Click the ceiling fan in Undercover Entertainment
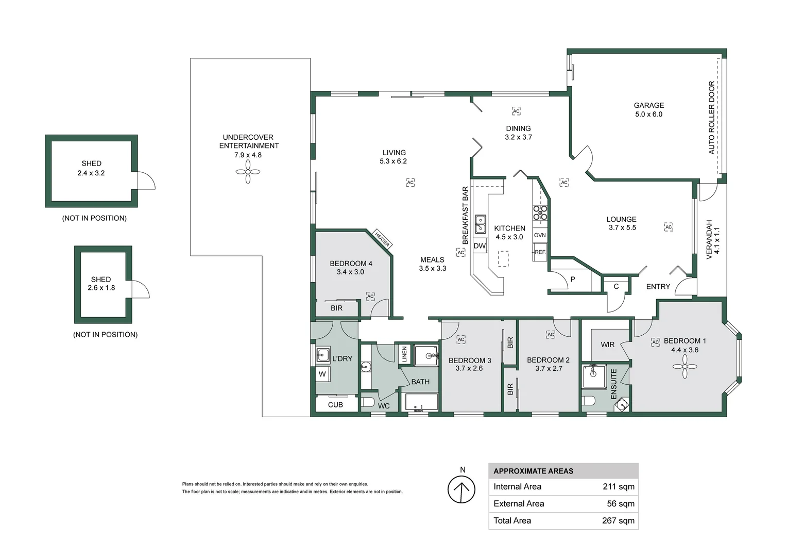(248, 172)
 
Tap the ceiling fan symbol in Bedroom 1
(685, 367)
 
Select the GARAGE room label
(648, 105)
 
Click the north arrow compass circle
(461, 489)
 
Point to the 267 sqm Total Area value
(618, 520)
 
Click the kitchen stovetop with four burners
(540, 212)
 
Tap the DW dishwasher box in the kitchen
(480, 246)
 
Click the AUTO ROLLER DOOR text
(712, 118)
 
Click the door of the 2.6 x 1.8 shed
(140, 290)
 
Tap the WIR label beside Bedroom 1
(607, 345)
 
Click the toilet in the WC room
(368, 402)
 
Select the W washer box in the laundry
(322, 374)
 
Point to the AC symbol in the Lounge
(669, 227)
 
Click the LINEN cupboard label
(404, 354)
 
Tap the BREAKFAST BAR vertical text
(465, 215)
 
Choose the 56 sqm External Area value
(620, 503)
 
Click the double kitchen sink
(480, 224)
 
